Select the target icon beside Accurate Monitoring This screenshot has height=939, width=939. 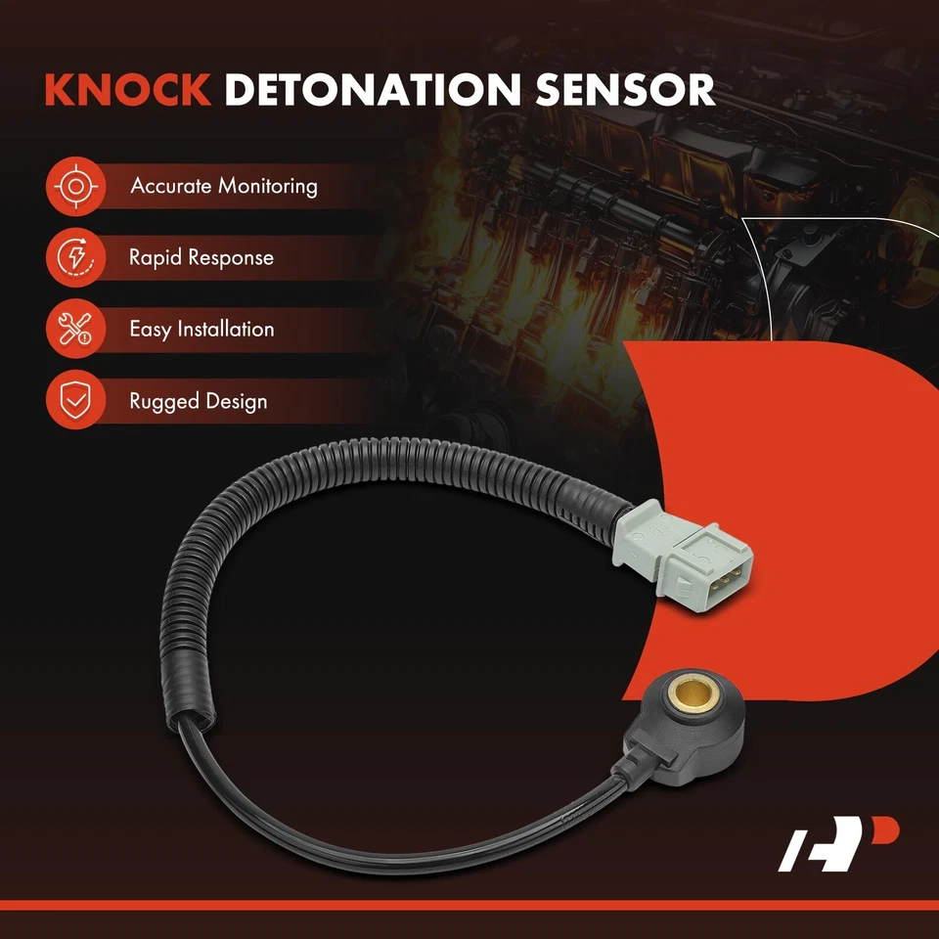73,186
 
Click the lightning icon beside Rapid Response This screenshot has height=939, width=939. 73,258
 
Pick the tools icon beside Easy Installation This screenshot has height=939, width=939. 73,330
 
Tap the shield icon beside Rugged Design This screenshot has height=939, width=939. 73,401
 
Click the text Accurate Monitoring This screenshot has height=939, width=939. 224,186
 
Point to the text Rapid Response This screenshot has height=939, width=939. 201,258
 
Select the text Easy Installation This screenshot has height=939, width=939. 201,330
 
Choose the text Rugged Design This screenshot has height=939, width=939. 198,401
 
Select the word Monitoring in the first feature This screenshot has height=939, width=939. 268,186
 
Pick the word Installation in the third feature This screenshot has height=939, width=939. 225,330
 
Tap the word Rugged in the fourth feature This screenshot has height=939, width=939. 163,402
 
